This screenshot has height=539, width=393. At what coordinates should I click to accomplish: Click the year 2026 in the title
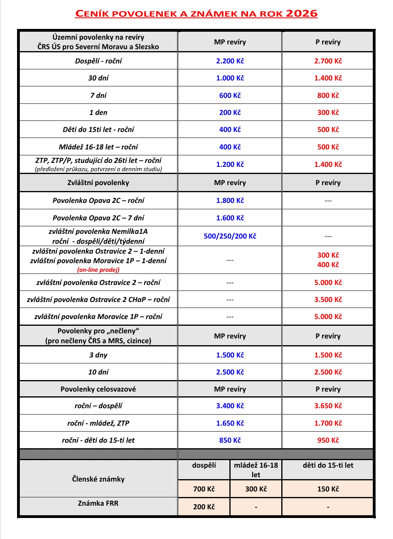pyautogui.click(x=301, y=13)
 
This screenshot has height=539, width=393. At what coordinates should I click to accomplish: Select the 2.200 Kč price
pyautogui.click(x=230, y=61)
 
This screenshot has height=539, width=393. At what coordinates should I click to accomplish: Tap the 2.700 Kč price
pyautogui.click(x=328, y=61)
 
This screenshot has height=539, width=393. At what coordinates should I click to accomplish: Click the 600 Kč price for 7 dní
pyautogui.click(x=230, y=96)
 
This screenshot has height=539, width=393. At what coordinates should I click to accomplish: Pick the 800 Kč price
pyautogui.click(x=328, y=96)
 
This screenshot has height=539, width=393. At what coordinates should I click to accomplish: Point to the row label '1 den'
pyautogui.click(x=98, y=113)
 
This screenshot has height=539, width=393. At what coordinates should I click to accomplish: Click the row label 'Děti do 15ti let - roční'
pyautogui.click(x=98, y=130)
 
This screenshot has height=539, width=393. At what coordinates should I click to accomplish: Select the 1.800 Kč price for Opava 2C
pyautogui.click(x=230, y=201)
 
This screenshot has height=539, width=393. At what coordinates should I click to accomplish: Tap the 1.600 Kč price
pyautogui.click(x=230, y=218)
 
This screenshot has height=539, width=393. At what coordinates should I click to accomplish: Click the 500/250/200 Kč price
pyautogui.click(x=230, y=236)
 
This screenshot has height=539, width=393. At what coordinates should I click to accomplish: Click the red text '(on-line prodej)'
pyautogui.click(x=98, y=270)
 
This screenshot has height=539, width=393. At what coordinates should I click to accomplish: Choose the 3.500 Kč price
pyautogui.click(x=328, y=300)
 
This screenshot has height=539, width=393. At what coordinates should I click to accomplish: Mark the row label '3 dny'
pyautogui.click(x=98, y=355)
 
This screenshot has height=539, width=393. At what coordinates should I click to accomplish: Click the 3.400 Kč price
pyautogui.click(x=230, y=406)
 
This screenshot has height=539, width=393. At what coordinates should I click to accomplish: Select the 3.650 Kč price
pyautogui.click(x=328, y=406)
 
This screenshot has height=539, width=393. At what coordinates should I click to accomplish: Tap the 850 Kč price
pyautogui.click(x=230, y=440)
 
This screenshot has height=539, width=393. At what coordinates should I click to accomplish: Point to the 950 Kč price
pyautogui.click(x=328, y=440)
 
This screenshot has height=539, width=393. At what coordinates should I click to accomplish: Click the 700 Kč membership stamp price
pyautogui.click(x=204, y=489)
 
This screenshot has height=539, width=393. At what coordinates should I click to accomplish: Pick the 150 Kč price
pyautogui.click(x=328, y=489)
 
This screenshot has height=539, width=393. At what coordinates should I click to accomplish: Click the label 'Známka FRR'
pyautogui.click(x=98, y=503)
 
